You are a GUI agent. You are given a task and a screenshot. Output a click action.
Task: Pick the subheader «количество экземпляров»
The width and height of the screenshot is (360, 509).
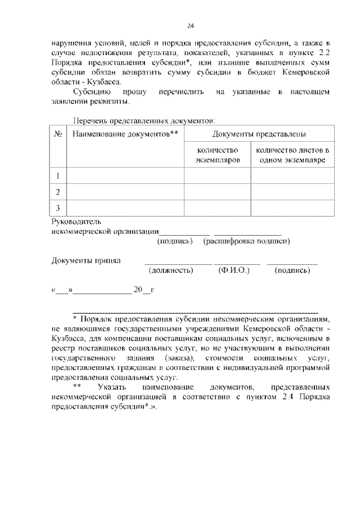tap(217, 155)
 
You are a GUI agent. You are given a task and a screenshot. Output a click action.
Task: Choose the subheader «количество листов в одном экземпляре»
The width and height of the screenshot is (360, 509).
tap(292, 155)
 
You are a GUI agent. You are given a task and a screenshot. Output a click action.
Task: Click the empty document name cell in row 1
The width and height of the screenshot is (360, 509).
tap(125, 175)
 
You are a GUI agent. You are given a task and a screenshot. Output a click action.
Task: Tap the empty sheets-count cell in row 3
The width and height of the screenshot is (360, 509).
tap(292, 208)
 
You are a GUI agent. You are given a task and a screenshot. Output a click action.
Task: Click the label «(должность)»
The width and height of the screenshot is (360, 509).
tap(171, 271)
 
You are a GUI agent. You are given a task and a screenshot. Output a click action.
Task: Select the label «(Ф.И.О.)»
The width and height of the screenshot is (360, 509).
tap(233, 271)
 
